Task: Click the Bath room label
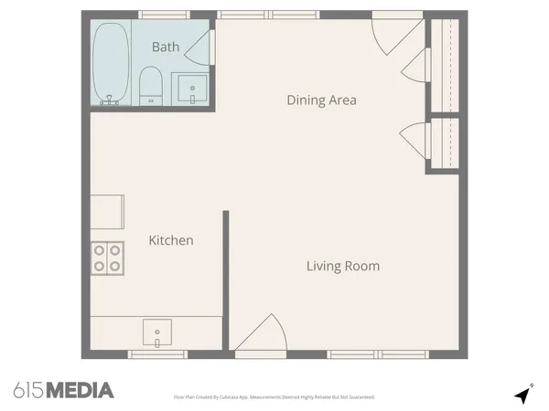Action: (166, 47)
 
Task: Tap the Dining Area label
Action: (321, 100)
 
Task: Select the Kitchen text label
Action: (171, 240)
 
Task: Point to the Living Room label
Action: (342, 266)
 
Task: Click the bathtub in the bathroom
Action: (111, 61)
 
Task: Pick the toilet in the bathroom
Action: (150, 88)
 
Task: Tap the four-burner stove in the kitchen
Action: (107, 258)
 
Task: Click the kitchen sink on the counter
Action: (158, 332)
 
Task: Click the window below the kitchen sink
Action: (157, 353)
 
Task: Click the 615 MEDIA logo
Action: (64, 391)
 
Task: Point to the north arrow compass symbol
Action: (523, 394)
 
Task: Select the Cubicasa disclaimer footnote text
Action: (274, 397)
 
